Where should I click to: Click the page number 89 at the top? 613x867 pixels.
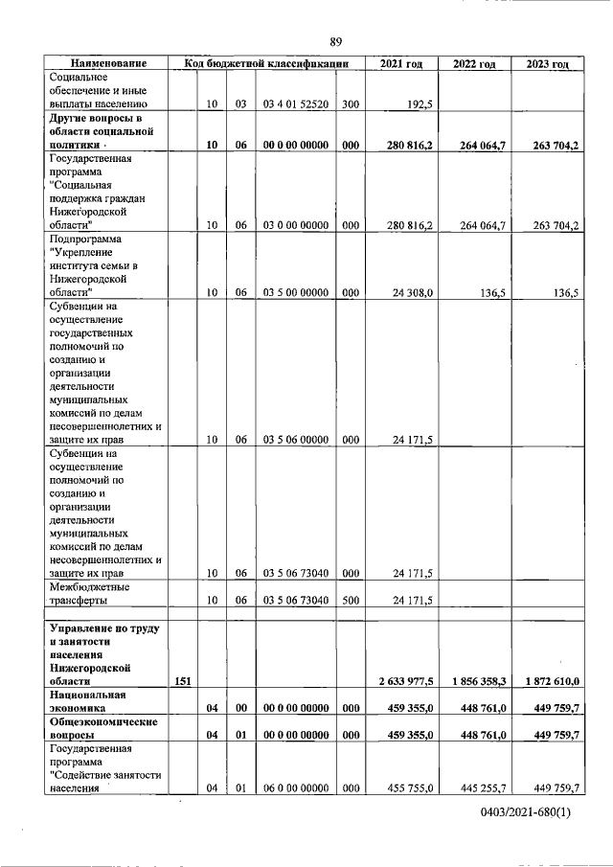[335, 41]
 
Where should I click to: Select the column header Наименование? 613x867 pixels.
[107, 63]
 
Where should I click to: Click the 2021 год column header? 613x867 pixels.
[401, 63]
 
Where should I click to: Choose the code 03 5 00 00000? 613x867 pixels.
[296, 293]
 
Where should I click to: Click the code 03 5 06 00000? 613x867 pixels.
[296, 440]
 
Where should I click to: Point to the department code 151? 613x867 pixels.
[182, 681]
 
